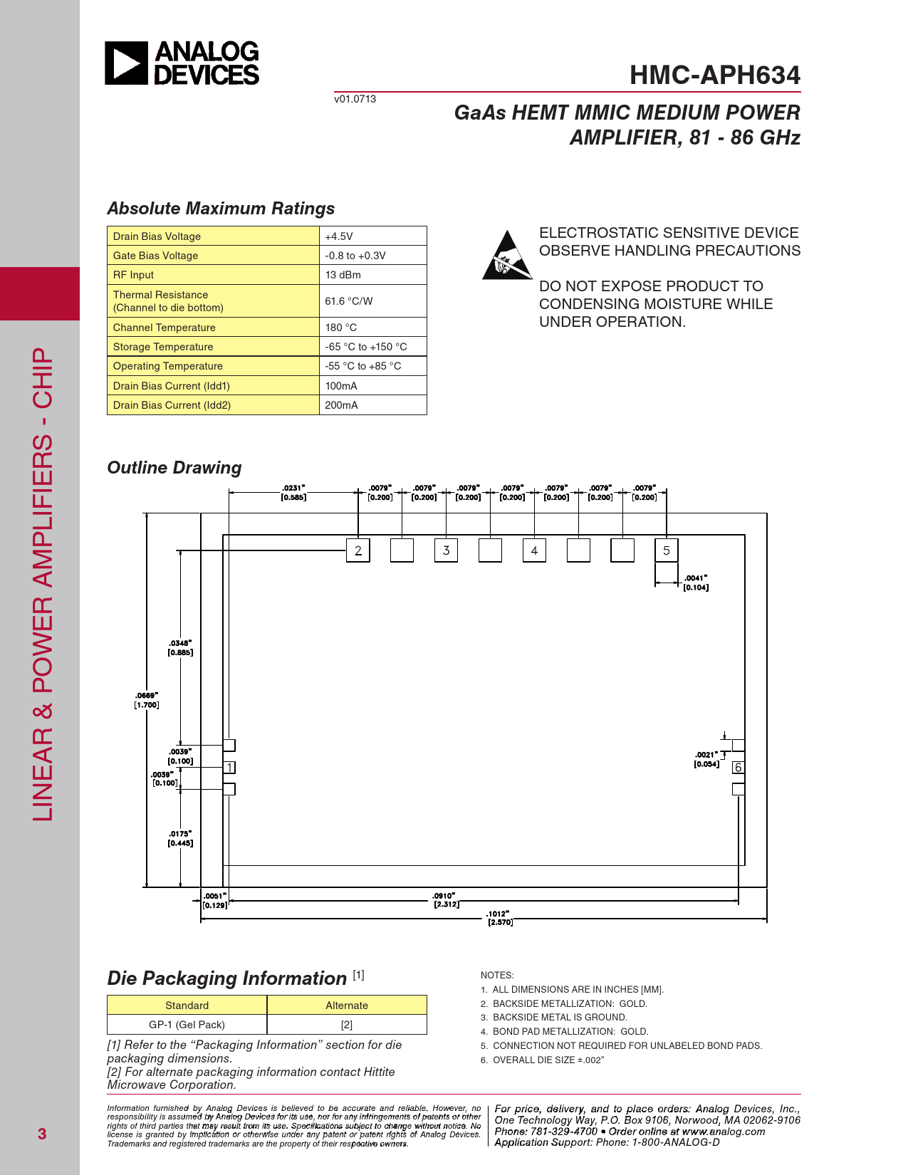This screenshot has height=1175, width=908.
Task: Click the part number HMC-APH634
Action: tap(714, 75)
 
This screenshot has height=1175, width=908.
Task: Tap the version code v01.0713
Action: tap(355, 99)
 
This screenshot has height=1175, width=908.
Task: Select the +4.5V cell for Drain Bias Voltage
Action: tap(339, 236)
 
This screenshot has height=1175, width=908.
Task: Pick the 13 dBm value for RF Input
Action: tap(343, 275)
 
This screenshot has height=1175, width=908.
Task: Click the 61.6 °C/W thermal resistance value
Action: tap(348, 301)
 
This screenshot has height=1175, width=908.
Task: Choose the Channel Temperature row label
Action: tap(164, 328)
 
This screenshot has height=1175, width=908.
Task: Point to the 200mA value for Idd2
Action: tap(341, 405)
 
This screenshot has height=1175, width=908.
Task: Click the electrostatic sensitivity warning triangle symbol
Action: tap(507, 256)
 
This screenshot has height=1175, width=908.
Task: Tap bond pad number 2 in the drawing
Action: tap(358, 550)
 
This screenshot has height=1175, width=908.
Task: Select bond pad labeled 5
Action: tap(667, 550)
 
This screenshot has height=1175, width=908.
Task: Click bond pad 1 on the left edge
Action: tap(229, 767)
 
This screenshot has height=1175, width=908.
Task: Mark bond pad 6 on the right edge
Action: tap(739, 767)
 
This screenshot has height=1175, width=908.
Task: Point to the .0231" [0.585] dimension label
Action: tap(293, 493)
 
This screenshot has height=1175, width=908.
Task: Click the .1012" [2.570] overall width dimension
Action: tap(499, 918)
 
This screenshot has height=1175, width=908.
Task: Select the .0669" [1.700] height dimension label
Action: tap(147, 700)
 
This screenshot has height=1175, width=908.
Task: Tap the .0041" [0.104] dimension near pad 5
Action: tap(695, 583)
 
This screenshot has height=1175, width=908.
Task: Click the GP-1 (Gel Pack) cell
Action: tap(187, 1025)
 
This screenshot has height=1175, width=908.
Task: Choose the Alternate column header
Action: tap(347, 1006)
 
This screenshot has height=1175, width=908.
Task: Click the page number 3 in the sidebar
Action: tap(42, 1134)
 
